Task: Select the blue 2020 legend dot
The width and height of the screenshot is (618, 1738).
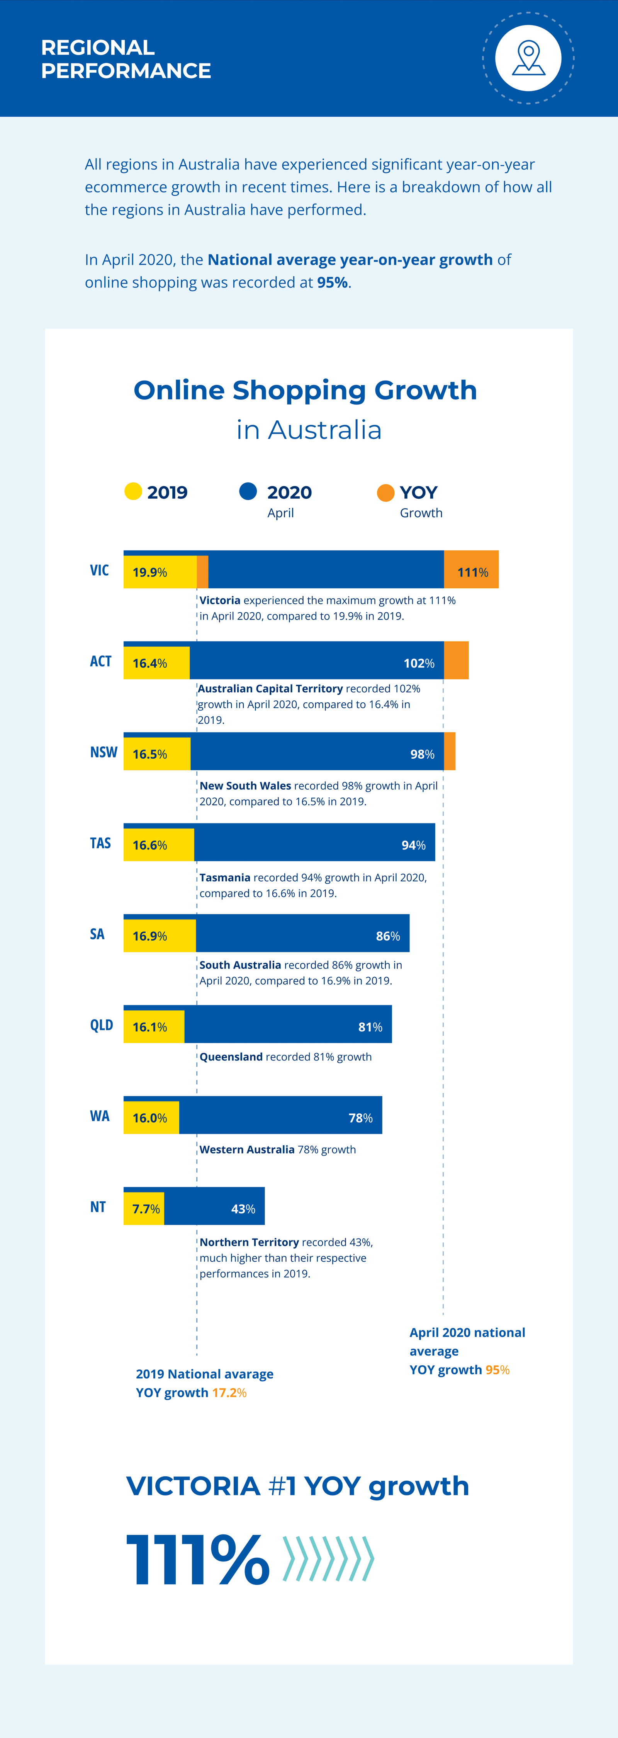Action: coord(248,491)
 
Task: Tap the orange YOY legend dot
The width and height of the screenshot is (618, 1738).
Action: coord(385,493)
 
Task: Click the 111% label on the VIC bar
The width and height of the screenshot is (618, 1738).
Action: coord(472,572)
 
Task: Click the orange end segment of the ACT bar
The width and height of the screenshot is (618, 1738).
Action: coord(456,660)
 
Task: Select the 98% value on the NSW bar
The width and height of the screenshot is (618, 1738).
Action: coord(422,754)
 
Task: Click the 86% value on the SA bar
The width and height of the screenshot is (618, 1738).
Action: coord(388,936)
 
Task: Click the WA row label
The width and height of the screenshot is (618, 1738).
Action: coord(100,1116)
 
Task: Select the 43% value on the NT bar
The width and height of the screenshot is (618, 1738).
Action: coord(243,1209)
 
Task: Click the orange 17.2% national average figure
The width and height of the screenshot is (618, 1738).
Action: coord(229,1393)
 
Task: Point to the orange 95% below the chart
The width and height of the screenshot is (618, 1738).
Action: coord(497,1369)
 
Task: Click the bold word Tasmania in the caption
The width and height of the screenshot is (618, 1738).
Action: coord(225,877)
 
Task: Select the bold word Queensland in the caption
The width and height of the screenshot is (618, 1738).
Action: coord(231,1057)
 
